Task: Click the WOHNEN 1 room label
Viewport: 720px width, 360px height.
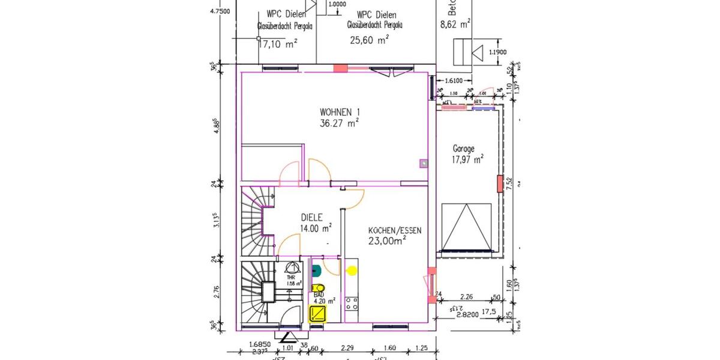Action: click(x=340, y=112)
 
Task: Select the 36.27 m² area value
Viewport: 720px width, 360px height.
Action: click(x=340, y=123)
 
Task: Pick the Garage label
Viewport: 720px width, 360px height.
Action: click(x=464, y=149)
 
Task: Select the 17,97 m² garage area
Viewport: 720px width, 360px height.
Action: click(x=467, y=160)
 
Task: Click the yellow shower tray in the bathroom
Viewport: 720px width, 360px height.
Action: click(x=317, y=313)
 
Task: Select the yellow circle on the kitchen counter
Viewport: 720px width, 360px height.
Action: click(x=352, y=270)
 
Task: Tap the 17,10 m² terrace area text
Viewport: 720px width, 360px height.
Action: click(x=278, y=44)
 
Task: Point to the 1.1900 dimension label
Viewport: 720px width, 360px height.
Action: click(x=497, y=52)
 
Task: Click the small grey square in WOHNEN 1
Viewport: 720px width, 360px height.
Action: click(x=423, y=162)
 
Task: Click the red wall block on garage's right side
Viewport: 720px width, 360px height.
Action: click(x=499, y=183)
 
